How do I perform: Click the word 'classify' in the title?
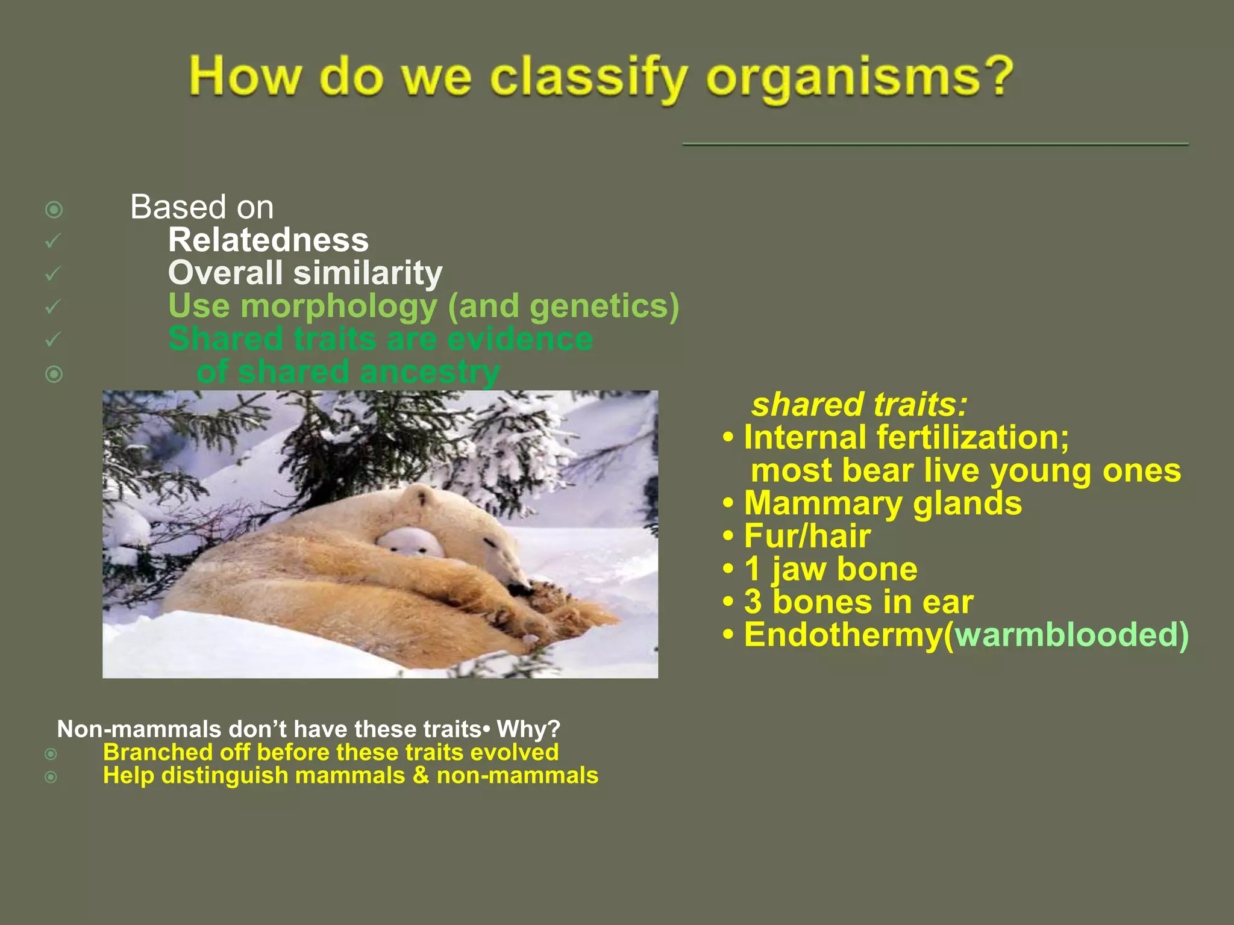pos(588,78)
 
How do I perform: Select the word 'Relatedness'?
pos(268,240)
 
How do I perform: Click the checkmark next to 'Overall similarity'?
pos(53,274)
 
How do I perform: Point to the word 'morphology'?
pos(339,306)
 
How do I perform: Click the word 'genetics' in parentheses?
pos(599,306)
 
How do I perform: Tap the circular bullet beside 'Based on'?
pos(54,210)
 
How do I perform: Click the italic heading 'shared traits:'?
pos(859,404)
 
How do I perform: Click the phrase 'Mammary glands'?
pos(882,503)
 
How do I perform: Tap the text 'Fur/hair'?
pos(807,536)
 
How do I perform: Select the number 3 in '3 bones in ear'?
pos(753,602)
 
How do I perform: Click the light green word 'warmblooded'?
pos(1066,635)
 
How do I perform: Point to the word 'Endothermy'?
pos(843,635)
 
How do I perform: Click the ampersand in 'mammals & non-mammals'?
pos(421,776)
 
